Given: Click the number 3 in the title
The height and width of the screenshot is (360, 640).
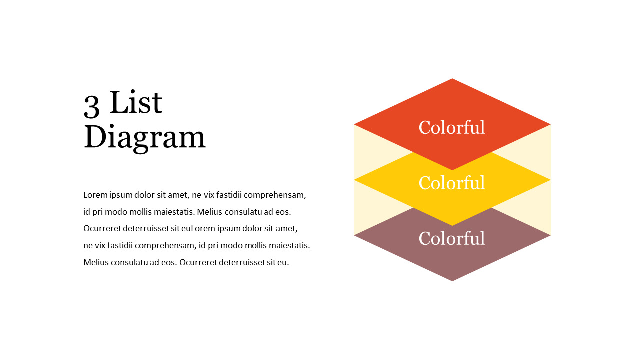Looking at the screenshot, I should [92, 105].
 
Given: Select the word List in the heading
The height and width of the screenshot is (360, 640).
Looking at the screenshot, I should [136, 103].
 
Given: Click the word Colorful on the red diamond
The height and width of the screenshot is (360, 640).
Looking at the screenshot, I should [452, 127].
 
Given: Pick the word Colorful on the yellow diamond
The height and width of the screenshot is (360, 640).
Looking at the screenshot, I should [452, 183].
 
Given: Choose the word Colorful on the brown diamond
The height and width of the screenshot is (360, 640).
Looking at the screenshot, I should [452, 238].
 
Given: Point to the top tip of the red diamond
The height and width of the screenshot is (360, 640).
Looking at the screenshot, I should [452, 80].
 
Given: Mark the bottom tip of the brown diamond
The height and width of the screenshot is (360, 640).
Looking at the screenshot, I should [452, 280].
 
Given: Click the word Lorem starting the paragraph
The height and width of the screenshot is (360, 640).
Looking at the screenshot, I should [95, 195].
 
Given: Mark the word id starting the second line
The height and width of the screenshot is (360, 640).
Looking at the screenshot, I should [87, 212].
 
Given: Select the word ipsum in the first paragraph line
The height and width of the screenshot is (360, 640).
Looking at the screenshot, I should [121, 195].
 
